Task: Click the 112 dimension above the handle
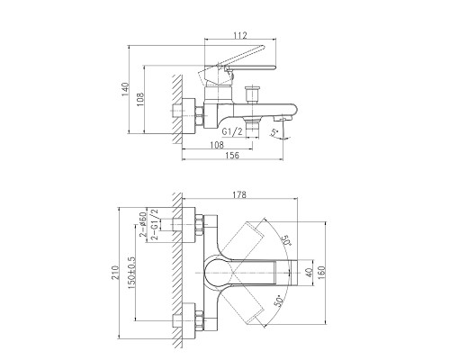tap(240, 35)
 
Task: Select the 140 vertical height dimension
tap(125, 89)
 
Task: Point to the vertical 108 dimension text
tap(140, 100)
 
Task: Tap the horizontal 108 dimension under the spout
tap(217, 145)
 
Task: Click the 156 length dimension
tap(232, 156)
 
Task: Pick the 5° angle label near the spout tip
tap(274, 132)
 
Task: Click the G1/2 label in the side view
tap(232, 131)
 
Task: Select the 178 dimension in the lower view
tap(239, 194)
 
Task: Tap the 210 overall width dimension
tap(115, 273)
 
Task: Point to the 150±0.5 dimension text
tap(132, 273)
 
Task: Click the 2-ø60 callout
tap(143, 224)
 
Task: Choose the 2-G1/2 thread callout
tap(155, 224)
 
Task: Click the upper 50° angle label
tap(286, 240)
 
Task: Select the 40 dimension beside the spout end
tap(309, 273)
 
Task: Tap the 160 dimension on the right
tap(321, 273)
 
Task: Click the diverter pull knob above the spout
tap(252, 94)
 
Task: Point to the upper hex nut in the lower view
tap(199, 225)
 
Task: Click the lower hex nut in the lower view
tap(199, 320)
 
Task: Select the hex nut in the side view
tap(199, 115)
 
